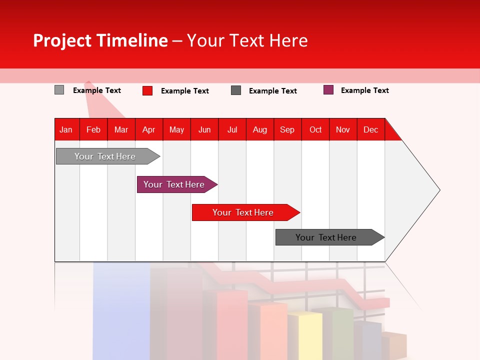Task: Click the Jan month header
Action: coord(66,129)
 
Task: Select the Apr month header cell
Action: coord(148,129)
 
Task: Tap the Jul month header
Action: coord(232,129)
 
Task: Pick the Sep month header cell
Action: coord(287,129)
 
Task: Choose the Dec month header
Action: coord(370,129)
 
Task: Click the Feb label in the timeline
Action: coord(93,129)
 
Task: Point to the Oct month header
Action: coord(315,129)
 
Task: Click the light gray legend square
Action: coord(59,90)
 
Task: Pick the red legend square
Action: coord(147,90)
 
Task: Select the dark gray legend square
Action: coord(236,90)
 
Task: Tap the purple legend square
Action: coord(328,90)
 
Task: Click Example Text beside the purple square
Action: coord(364,90)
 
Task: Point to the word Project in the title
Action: coord(62,40)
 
